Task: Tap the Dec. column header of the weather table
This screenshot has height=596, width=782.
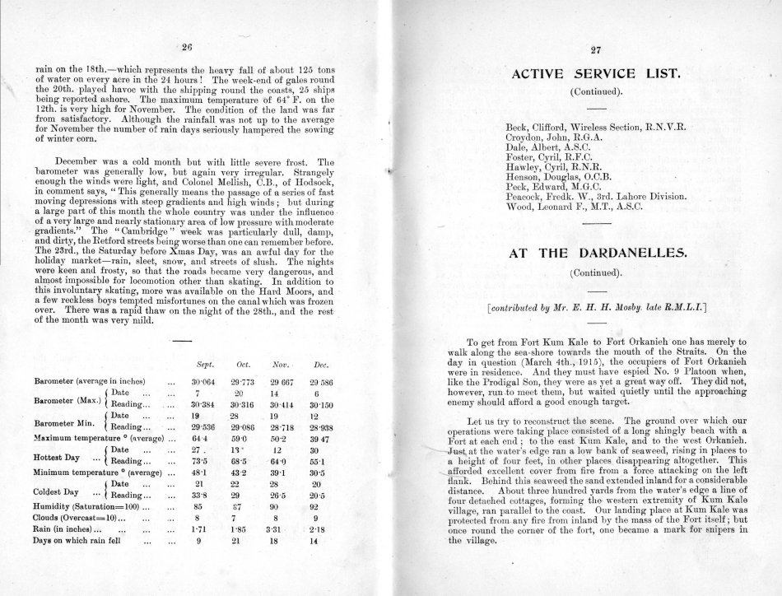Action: tap(321, 364)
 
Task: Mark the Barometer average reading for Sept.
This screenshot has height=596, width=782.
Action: tap(203, 383)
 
